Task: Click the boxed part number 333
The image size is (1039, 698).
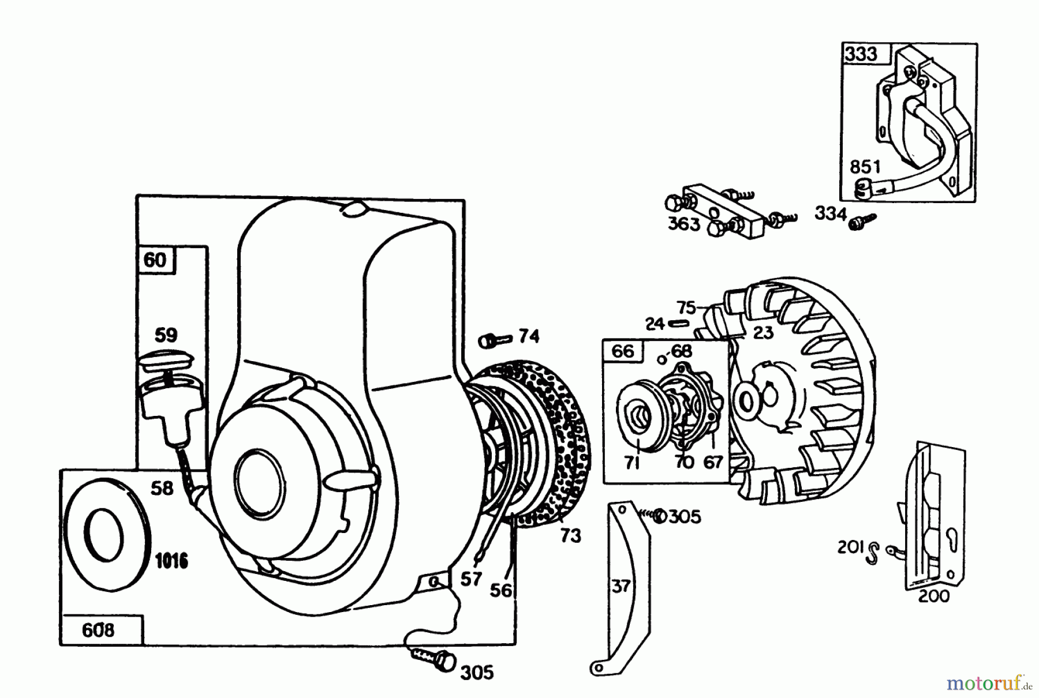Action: click(861, 55)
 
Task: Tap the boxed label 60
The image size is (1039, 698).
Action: click(155, 260)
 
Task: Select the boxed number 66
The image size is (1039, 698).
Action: click(622, 351)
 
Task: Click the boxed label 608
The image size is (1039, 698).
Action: click(98, 631)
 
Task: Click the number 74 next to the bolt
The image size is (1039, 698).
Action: click(529, 336)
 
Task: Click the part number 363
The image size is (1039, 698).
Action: click(684, 224)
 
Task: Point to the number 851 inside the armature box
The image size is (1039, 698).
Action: click(865, 167)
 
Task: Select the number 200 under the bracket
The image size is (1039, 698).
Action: click(933, 596)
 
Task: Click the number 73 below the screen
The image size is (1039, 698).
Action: click(570, 536)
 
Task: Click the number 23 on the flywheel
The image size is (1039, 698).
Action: click(763, 333)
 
